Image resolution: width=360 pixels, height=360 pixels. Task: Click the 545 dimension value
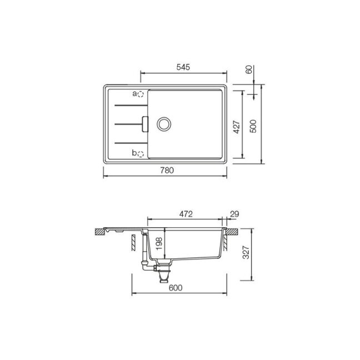coord(183,67)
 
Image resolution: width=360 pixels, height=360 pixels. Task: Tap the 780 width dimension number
coord(167,171)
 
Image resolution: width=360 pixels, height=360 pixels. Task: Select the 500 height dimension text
coord(253,126)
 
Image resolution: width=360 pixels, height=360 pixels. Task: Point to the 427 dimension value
coord(237,127)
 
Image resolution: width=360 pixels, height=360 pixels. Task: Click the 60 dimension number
coord(249,69)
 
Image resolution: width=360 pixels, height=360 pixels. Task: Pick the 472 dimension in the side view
coord(186,214)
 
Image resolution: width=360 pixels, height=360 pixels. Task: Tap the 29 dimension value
coord(234,214)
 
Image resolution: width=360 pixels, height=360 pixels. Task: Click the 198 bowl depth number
coord(159,243)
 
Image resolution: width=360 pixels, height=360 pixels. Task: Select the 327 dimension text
coord(246,252)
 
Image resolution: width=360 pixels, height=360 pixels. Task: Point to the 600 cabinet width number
coord(176,288)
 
